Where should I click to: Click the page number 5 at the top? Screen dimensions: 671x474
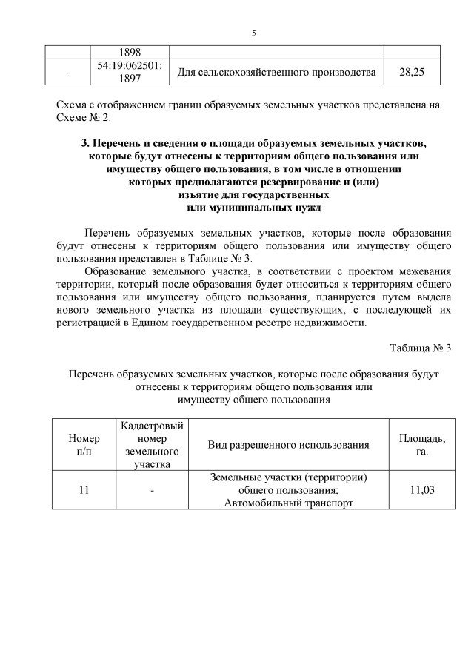point(253,33)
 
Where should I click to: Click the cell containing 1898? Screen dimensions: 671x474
point(130,52)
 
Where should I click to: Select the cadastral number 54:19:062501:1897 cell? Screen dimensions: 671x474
point(130,72)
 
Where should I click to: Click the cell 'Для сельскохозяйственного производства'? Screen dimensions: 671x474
point(276,72)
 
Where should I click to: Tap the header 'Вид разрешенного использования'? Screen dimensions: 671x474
point(288,444)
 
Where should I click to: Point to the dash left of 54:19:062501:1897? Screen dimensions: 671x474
point(68,72)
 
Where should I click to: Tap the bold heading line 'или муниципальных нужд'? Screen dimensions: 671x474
point(253,207)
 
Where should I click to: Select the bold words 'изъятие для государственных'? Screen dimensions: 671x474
point(253,194)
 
